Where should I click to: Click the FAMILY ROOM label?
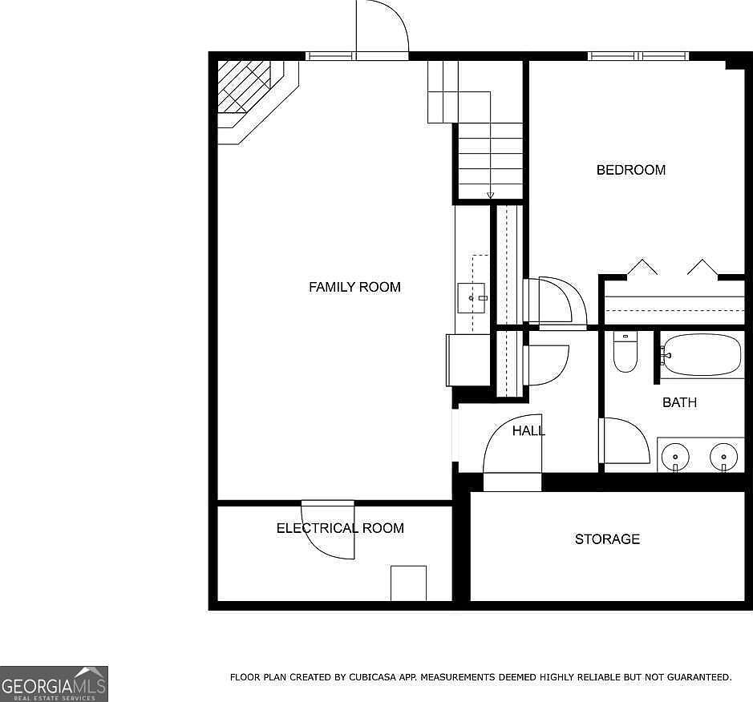[354, 287]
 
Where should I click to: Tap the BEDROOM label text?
[630, 170]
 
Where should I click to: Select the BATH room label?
[679, 402]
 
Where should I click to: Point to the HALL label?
[528, 431]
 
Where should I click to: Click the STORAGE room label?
[607, 539]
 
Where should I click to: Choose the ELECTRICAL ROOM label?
[340, 528]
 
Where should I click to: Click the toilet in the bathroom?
[625, 353]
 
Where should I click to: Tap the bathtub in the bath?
[702, 355]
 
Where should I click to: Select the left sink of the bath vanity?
[674, 457]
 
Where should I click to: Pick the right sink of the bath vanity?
[723, 457]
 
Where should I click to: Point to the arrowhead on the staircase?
[490, 196]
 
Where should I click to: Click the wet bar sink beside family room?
[471, 298]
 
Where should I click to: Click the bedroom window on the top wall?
[638, 56]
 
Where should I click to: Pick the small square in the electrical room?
[408, 583]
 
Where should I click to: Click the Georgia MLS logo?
[54, 684]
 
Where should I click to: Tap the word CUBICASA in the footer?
[372, 677]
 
